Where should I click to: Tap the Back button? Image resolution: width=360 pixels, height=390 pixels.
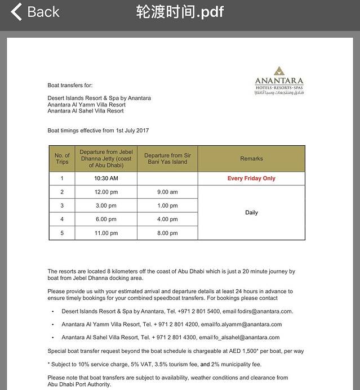point(35,12)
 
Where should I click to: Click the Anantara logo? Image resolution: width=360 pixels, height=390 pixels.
point(279,81)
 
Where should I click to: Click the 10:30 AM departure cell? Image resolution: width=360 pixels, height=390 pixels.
point(106,178)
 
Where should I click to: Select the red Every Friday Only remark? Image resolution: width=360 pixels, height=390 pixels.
point(251,178)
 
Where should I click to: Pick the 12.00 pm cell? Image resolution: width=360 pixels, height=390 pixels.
point(106,192)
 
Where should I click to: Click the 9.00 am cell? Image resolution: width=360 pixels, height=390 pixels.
point(167,192)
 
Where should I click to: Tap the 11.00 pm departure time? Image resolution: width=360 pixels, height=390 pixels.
point(106,233)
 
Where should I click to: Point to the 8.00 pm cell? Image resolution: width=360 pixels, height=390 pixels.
point(167,233)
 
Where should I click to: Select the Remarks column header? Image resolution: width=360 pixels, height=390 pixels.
point(251,159)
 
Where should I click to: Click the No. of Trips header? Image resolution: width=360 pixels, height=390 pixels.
point(62,159)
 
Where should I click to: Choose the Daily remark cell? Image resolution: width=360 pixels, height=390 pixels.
point(251,213)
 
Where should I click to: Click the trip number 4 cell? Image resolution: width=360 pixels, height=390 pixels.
point(62,219)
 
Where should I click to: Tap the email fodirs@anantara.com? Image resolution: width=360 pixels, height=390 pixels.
point(265,311)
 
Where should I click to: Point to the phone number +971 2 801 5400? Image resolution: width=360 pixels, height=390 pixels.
point(200,311)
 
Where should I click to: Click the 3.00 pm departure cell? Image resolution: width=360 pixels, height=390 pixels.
point(106,205)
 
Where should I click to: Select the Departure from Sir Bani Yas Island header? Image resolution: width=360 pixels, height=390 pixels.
point(167,159)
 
